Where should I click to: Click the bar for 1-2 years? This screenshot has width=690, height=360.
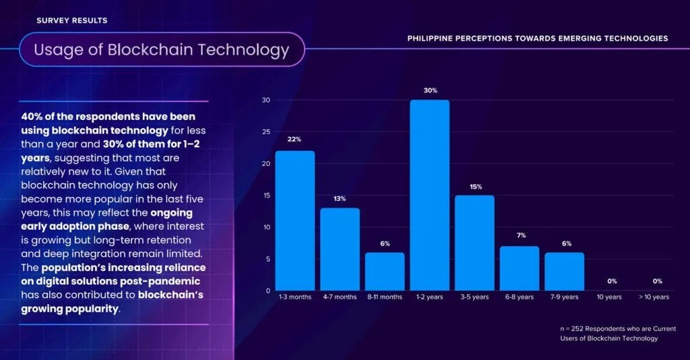click(x=429, y=196)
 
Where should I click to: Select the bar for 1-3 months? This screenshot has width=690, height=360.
click(x=294, y=220)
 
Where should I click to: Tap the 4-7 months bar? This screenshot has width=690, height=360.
click(x=340, y=249)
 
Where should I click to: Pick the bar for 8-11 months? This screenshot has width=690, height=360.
click(x=385, y=272)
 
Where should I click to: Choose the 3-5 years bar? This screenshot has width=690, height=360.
click(x=474, y=243)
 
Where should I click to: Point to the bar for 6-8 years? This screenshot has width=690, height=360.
click(x=520, y=268)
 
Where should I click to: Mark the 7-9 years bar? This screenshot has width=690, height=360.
click(x=565, y=272)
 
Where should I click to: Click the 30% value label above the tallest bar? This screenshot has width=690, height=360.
click(x=430, y=90)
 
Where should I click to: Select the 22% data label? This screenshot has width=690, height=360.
click(x=294, y=140)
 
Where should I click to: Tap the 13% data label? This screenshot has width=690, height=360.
click(x=340, y=198)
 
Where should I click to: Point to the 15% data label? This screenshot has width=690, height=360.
click(x=475, y=186)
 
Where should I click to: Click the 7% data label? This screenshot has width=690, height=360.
click(x=520, y=236)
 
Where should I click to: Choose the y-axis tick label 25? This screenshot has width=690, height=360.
click(x=265, y=132)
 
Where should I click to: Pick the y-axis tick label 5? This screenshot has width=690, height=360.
click(x=268, y=259)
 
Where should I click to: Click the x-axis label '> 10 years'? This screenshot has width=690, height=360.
click(x=654, y=297)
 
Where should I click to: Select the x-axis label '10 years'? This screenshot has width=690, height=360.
click(x=609, y=297)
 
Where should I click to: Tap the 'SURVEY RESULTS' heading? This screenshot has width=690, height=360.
click(x=71, y=20)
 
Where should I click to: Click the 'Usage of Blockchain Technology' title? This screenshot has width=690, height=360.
click(x=162, y=49)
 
